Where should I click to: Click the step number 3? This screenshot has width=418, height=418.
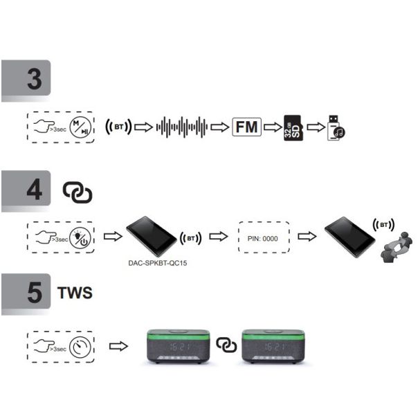point(34,80)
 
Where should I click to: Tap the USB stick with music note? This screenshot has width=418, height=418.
point(336,129)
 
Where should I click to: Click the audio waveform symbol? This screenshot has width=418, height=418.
point(182,127)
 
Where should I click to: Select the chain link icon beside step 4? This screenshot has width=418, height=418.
point(77,192)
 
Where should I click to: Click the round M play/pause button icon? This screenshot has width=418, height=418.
point(82,127)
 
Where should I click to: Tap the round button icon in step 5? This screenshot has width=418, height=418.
point(82,344)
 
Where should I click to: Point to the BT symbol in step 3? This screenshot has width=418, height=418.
point(118,127)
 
